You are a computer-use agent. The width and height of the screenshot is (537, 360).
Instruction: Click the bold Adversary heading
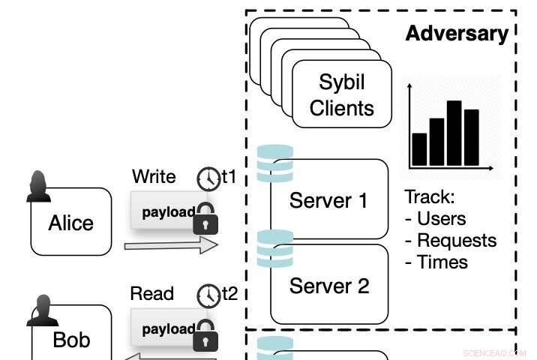[456, 33]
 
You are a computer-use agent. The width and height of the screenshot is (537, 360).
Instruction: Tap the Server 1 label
[328, 200]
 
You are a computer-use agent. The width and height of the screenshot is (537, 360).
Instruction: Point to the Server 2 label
[328, 286]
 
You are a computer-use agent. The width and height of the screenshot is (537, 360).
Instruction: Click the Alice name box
[71, 223]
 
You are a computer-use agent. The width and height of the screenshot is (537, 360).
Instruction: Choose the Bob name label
[71, 340]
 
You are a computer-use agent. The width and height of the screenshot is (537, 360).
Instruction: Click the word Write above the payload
[154, 177]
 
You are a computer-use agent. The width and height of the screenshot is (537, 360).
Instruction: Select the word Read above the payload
[152, 294]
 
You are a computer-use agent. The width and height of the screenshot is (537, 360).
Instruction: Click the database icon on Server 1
[274, 164]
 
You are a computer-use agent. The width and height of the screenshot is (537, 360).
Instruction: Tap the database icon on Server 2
[274, 248]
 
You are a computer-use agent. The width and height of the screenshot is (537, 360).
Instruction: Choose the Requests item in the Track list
[450, 241]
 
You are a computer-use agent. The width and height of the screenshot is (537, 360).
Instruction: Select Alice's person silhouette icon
[39, 187]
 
